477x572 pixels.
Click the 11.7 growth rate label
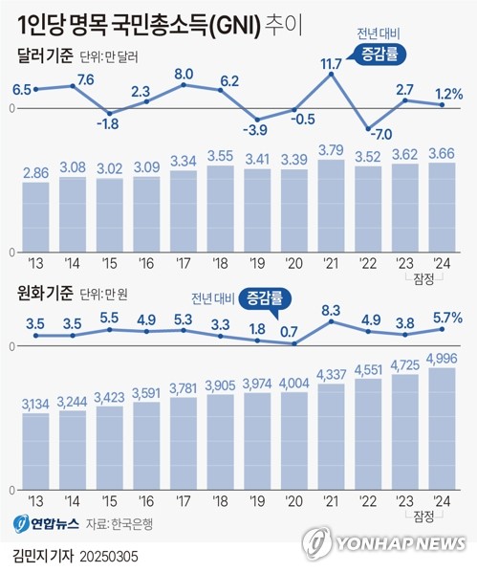pos(332,65)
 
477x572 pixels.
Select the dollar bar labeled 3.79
pos(331,206)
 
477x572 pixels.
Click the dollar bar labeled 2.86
pos(35,216)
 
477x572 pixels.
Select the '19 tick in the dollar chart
pos(258,262)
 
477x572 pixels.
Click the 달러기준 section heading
pos(44,56)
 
